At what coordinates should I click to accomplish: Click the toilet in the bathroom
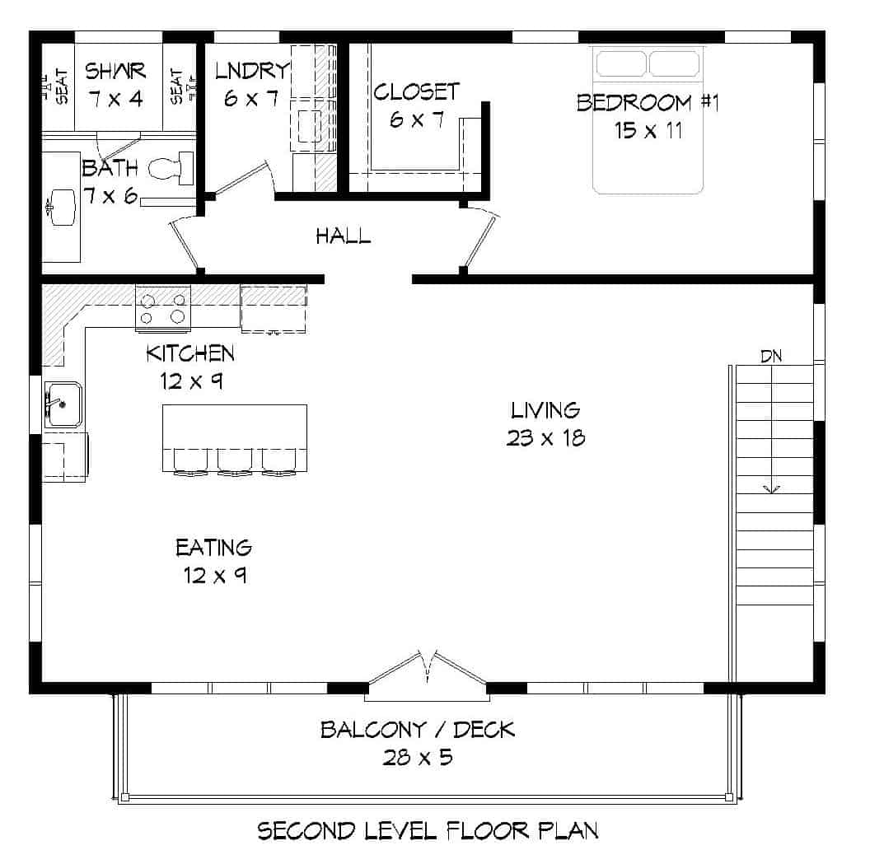point(170,170)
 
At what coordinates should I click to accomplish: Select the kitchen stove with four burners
point(162,308)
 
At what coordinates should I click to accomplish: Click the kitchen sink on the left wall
point(63,404)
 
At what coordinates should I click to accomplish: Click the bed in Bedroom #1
point(648,120)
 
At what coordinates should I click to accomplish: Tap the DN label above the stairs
point(770,357)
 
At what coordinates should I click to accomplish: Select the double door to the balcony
point(428,667)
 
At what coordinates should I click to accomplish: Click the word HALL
point(343,237)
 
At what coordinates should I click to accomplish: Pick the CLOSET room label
point(416,91)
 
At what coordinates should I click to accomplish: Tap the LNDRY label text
point(252,72)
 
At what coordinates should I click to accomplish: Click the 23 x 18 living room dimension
point(545,437)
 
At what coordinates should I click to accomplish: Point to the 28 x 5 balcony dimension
point(418,757)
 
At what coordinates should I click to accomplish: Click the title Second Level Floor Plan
point(428,830)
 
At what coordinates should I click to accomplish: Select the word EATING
point(213,548)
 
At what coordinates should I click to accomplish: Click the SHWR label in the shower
point(115,72)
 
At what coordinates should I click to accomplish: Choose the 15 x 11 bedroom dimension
point(648,130)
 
